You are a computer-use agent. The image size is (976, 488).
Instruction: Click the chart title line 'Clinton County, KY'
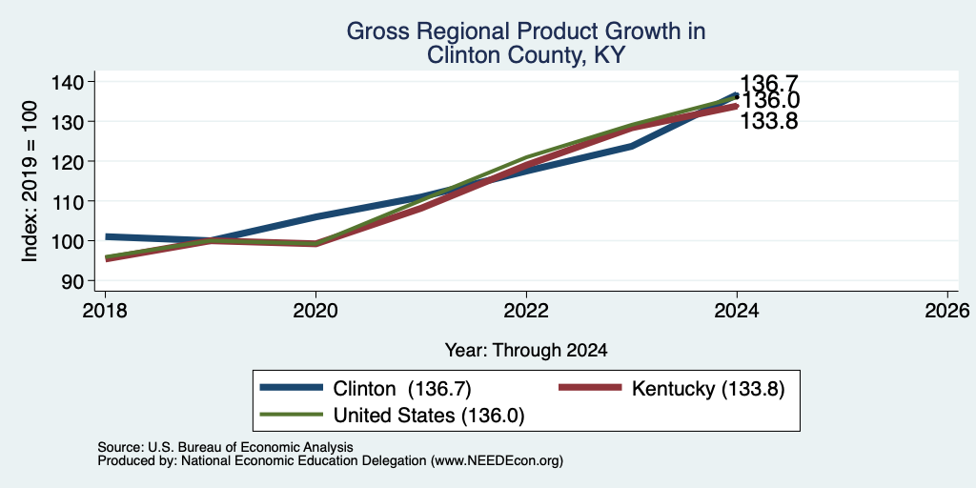[525, 55]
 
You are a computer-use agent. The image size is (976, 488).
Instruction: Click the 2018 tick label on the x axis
[106, 310]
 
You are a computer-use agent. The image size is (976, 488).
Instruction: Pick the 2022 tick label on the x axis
[526, 310]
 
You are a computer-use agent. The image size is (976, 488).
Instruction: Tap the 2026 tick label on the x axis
[947, 310]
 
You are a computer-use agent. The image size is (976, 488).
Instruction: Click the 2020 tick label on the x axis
[316, 310]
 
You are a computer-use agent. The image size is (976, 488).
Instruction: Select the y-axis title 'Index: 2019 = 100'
[30, 182]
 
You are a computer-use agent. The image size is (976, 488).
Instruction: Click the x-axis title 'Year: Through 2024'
[526, 351]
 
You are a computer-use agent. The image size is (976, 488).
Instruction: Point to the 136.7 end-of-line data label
[769, 83]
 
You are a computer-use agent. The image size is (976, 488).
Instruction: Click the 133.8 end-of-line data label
[769, 121]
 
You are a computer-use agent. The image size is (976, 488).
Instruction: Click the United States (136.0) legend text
[429, 416]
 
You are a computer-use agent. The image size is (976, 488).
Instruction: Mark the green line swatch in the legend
[292, 415]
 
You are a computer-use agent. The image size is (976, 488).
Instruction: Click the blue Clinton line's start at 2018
[106, 236]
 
